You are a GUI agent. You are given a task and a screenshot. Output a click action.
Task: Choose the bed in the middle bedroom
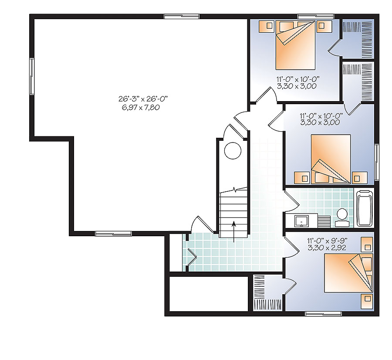(331, 158)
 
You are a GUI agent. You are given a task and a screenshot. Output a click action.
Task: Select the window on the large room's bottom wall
(107, 234)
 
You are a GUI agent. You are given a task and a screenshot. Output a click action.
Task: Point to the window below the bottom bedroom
(320, 313)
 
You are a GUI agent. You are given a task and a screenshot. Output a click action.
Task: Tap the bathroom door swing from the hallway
(291, 203)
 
